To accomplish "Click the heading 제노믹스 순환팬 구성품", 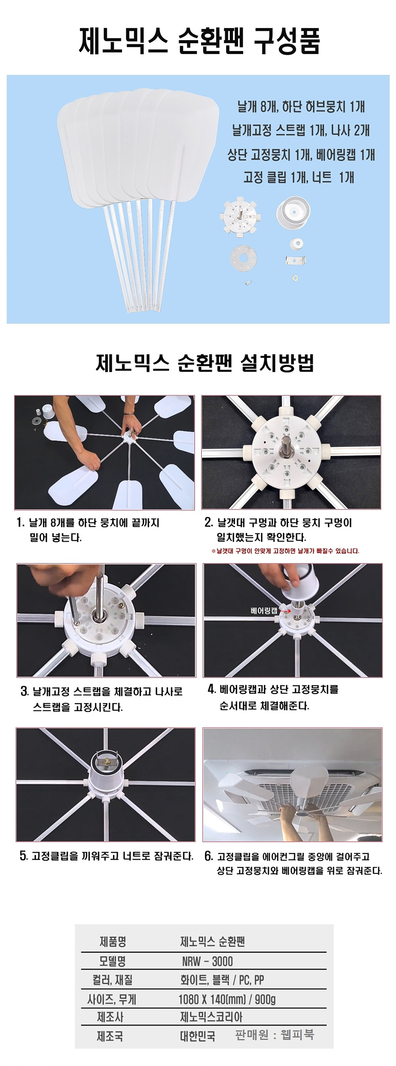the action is click(199, 41).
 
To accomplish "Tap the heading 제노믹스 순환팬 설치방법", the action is click(205, 363).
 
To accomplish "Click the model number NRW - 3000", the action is click(207, 961).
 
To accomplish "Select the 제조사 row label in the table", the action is click(110, 1017).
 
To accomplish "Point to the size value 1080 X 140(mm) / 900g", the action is click(227, 999).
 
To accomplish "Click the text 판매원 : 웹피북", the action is click(274, 1035).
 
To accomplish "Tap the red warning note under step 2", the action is click(285, 551).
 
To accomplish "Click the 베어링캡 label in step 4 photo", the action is click(264, 611).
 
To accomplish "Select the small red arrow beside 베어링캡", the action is click(285, 611).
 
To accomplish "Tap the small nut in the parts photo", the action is click(295, 278).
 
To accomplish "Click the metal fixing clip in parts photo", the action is click(296, 261).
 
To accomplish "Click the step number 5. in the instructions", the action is click(23, 856).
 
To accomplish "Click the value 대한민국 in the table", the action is click(197, 1037).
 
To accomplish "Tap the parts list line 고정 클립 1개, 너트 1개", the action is click(298, 177).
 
